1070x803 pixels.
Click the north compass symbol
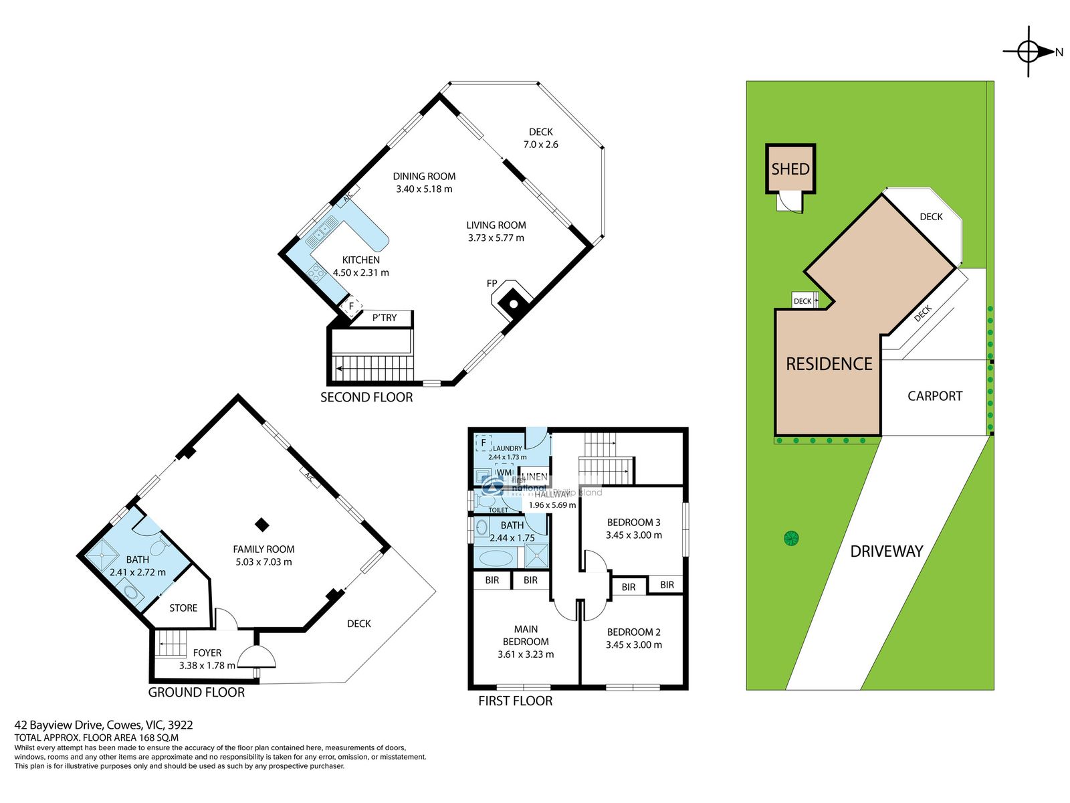tap(1029, 52)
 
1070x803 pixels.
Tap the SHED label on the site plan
tap(790, 169)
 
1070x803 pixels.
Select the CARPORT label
tap(934, 396)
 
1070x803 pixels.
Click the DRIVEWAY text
tap(886, 551)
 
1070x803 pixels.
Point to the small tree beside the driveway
tap(791, 537)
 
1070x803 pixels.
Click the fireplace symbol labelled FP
tap(513, 303)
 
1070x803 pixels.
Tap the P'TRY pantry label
tap(384, 318)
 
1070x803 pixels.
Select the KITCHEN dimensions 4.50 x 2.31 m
tap(360, 273)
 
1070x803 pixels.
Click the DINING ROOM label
tap(424, 176)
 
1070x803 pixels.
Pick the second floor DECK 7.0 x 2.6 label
tap(540, 139)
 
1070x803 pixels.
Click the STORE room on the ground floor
tap(183, 608)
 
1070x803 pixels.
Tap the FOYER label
tap(207, 653)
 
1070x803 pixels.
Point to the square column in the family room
tap(263, 525)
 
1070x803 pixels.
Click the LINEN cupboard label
tap(534, 476)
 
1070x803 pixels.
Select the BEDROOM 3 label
tap(633, 523)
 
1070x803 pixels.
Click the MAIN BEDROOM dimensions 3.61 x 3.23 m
tap(526, 654)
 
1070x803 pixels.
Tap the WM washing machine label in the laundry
tap(504, 472)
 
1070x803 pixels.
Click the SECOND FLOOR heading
tap(366, 397)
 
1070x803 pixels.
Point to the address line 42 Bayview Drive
tap(104, 725)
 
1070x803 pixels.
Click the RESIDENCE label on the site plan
tap(829, 364)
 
